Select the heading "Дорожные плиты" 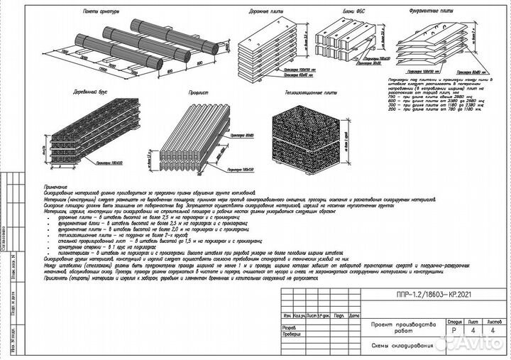[260, 13]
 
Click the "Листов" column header [494, 321]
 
